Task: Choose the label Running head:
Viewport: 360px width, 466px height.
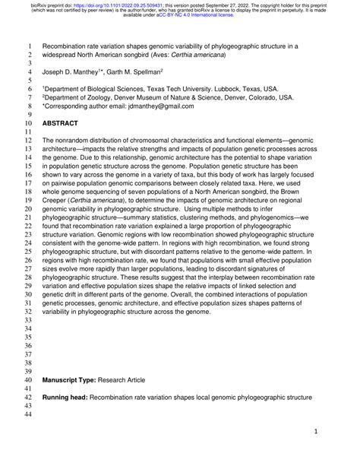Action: [66, 397]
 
